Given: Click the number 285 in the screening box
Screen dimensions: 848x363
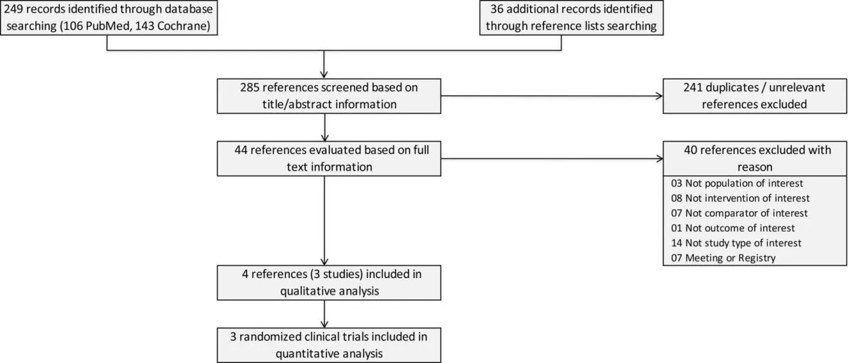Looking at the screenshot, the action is (x=249, y=88).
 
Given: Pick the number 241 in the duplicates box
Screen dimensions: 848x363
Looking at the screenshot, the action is (x=693, y=88).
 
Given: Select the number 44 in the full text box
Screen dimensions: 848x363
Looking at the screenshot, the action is (x=241, y=150).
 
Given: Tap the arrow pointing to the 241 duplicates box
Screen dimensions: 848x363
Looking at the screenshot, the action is (x=552, y=96).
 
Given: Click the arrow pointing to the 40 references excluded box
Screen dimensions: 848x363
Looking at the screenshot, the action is (x=552, y=158).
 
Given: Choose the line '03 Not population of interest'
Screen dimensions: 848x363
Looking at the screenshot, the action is (x=737, y=183).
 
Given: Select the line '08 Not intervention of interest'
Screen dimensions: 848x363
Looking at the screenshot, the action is (x=740, y=198).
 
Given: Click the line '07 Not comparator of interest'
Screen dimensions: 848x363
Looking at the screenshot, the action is (x=739, y=213).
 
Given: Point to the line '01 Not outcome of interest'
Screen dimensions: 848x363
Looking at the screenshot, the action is (x=732, y=228).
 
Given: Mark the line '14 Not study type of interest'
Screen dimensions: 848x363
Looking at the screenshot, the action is (x=736, y=243).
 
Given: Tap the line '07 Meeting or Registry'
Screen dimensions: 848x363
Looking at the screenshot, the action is (x=723, y=258).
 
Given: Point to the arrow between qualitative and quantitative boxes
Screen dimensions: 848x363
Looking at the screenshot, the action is (x=324, y=313).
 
